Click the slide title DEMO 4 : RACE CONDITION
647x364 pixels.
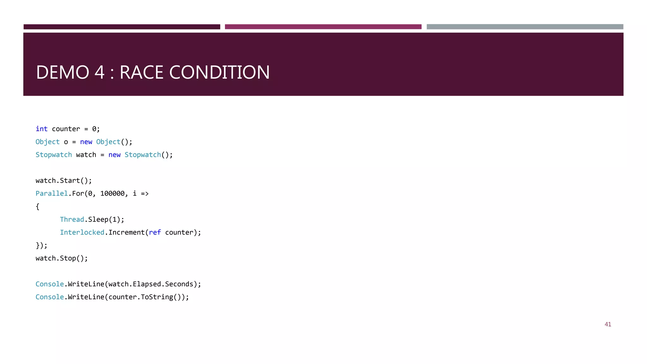153,72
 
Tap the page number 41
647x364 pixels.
608,324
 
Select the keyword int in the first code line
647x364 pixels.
41,129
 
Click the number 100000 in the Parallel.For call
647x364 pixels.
112,193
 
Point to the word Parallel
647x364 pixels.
51,193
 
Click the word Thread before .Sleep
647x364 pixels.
72,219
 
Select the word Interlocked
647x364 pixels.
82,232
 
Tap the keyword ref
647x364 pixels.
155,232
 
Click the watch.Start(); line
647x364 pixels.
63,180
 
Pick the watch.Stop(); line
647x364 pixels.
62,258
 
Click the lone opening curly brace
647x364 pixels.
38,207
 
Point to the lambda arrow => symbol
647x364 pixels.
145,193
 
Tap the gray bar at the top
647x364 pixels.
525,27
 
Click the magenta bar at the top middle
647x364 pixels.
323,27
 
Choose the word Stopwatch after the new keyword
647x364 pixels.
142,155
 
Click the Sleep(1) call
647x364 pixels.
104,219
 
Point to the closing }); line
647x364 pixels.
41,246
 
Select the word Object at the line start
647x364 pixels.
47,142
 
